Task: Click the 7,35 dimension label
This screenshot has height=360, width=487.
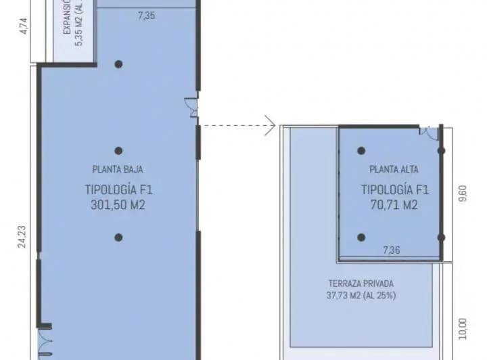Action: click(146, 14)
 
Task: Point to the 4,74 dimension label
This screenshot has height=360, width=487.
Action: click(23, 26)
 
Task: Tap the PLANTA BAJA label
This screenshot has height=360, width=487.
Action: click(118, 170)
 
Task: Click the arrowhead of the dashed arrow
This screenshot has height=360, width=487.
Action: click(271, 125)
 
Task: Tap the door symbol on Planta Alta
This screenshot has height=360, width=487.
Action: click(427, 133)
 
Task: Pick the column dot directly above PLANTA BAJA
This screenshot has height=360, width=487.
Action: click(118, 151)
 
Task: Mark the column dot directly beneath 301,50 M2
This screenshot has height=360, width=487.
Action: click(118, 238)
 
